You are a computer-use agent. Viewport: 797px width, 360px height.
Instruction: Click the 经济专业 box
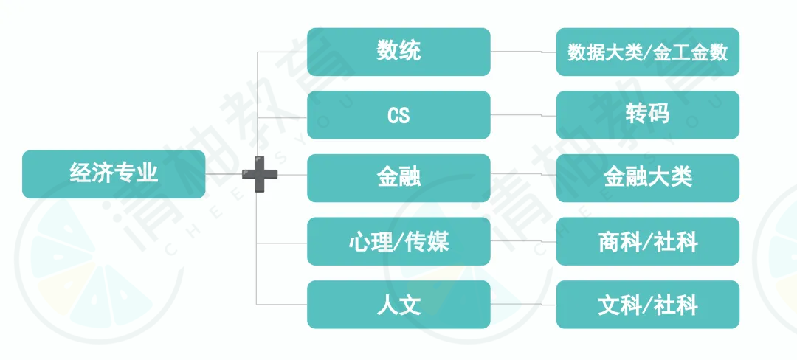114,174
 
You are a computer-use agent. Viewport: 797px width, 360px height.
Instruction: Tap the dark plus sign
260,174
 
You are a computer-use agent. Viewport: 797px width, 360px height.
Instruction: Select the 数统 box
399,52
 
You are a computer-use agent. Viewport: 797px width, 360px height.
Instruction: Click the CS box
399,115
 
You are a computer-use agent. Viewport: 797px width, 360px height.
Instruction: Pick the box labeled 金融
399,178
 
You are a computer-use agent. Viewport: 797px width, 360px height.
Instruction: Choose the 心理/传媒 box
399,241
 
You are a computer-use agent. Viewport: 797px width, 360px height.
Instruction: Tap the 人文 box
399,304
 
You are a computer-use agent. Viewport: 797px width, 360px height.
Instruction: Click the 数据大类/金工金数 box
648,52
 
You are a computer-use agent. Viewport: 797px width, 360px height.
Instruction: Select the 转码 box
648,115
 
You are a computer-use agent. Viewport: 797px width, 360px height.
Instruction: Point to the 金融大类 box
648,178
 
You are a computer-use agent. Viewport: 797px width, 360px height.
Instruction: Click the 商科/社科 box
648,241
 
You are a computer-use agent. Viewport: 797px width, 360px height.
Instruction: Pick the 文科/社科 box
648,304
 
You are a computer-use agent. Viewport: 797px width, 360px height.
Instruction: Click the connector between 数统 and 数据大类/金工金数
523,52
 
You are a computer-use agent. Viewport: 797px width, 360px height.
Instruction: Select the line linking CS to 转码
523,115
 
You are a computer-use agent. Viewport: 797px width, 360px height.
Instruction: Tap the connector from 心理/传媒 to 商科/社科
523,241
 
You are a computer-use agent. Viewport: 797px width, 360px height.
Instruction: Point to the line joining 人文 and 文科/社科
523,304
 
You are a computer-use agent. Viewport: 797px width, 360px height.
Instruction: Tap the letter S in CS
404,116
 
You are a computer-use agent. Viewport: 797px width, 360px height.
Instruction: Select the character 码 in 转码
659,115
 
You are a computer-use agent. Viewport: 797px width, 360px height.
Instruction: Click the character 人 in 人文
388,305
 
